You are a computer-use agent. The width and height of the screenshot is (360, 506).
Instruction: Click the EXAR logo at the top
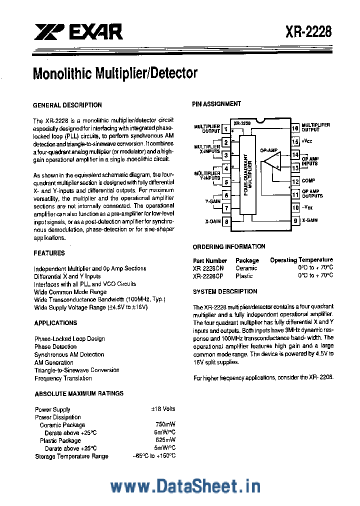[x=78, y=33]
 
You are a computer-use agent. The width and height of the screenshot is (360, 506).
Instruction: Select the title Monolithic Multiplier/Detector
[x=115, y=73]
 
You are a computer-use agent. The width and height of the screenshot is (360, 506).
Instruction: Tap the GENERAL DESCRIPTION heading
[x=67, y=105]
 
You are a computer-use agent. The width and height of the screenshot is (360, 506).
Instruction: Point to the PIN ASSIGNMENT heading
[x=216, y=104]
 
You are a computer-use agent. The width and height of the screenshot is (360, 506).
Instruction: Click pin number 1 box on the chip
[x=226, y=129]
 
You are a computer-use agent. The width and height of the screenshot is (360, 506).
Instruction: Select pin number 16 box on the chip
[x=295, y=128]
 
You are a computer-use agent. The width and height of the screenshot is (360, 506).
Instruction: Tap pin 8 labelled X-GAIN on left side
[x=226, y=221]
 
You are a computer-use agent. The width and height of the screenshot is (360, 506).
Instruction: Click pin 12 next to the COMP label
[x=295, y=181]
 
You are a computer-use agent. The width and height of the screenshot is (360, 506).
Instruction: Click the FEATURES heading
[x=49, y=253]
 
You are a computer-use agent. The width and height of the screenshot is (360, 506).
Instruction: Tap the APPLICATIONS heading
[x=55, y=323]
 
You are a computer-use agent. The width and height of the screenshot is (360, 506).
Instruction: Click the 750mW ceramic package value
[x=165, y=425]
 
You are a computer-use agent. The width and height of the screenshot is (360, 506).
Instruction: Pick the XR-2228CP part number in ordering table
[x=209, y=276]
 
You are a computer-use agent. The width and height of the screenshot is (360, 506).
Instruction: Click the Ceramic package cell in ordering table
[x=246, y=268]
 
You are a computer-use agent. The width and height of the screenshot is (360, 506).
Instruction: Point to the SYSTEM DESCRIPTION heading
[x=225, y=291]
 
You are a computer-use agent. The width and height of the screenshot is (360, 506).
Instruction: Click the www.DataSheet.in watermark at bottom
[x=185, y=486]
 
